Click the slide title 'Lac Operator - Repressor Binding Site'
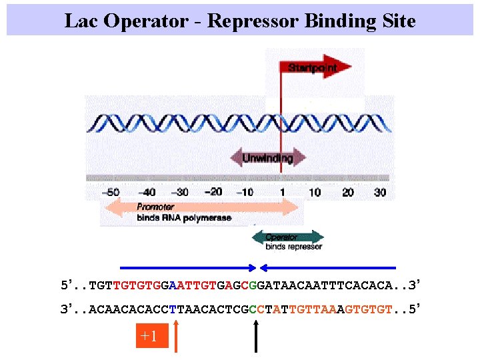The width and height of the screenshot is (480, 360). click(240, 21)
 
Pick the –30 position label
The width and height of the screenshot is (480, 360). click(181, 193)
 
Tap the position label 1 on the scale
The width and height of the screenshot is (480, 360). click(283, 193)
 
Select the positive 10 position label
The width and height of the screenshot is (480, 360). click(315, 193)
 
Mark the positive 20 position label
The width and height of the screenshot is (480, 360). click(347, 193)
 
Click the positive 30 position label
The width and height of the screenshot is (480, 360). click(379, 193)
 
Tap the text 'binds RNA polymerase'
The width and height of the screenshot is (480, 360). click(184, 218)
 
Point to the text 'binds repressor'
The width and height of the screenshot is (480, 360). click(294, 247)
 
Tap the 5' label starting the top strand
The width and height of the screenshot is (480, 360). click(66, 286)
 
